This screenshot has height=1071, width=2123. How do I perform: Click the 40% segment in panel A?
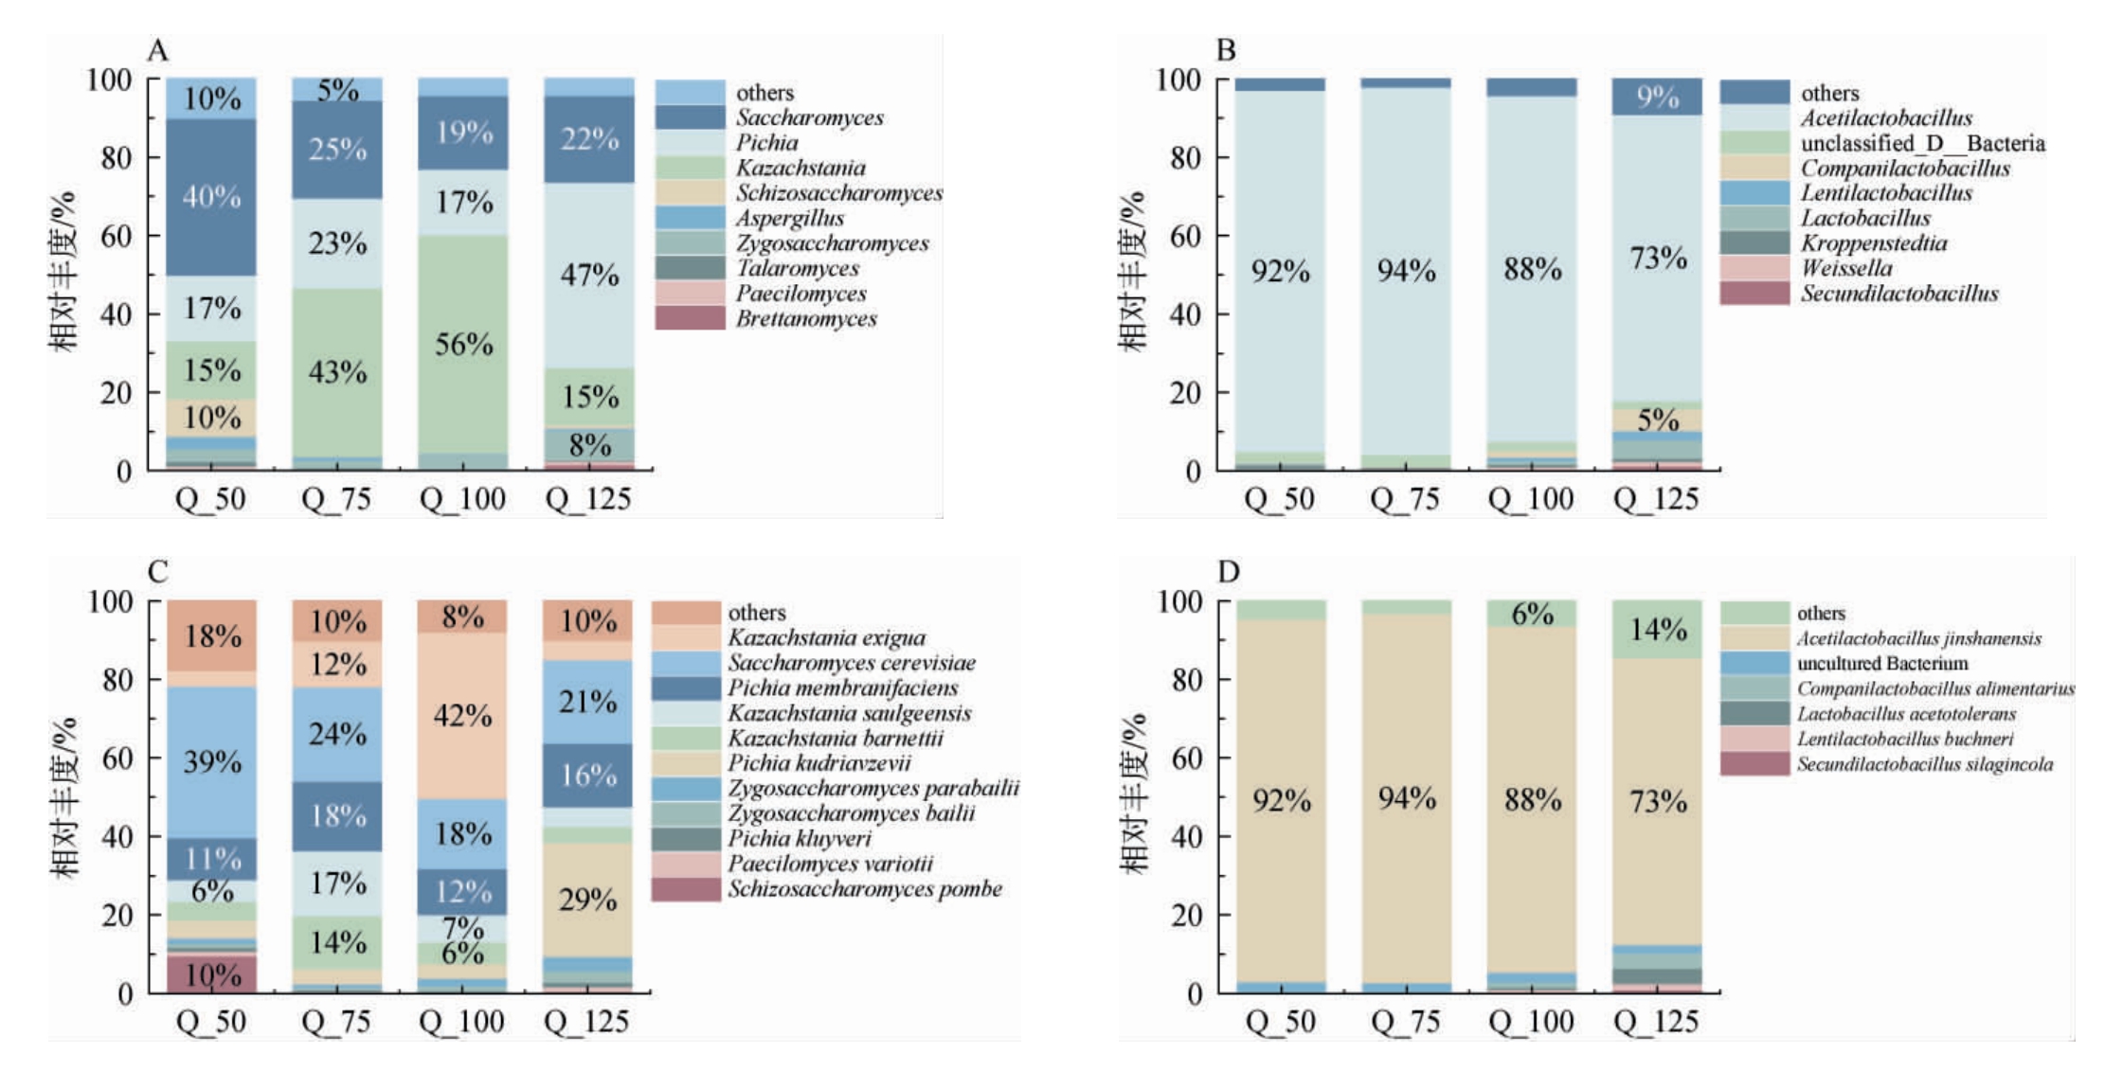tap(211, 197)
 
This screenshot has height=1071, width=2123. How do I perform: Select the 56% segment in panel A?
tap(463, 344)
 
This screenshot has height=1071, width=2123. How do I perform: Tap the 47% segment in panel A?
tap(589, 275)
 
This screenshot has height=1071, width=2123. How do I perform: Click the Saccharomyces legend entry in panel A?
tap(769, 117)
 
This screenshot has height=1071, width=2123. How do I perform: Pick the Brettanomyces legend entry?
tap(766, 318)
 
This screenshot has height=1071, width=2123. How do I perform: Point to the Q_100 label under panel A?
tap(463, 499)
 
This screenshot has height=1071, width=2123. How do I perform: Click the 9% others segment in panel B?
tap(1657, 97)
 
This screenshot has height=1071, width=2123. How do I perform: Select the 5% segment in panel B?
tap(1657, 419)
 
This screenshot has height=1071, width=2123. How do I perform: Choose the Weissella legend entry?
tap(1807, 268)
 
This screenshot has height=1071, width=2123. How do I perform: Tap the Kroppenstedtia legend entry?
tap(1834, 242)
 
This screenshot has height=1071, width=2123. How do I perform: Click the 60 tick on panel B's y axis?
tap(1184, 235)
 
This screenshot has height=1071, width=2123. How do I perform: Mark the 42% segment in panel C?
tap(462, 716)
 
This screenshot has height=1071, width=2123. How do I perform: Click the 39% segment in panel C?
tap(211, 762)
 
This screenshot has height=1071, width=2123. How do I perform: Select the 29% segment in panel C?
tap(587, 900)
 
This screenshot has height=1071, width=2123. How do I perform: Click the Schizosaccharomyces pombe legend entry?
tap(827, 889)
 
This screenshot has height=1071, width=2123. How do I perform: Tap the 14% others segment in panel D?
tap(1658, 629)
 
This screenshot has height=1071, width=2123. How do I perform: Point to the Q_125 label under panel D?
tap(1657, 1022)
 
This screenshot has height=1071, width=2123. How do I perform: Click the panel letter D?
tap(1229, 572)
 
